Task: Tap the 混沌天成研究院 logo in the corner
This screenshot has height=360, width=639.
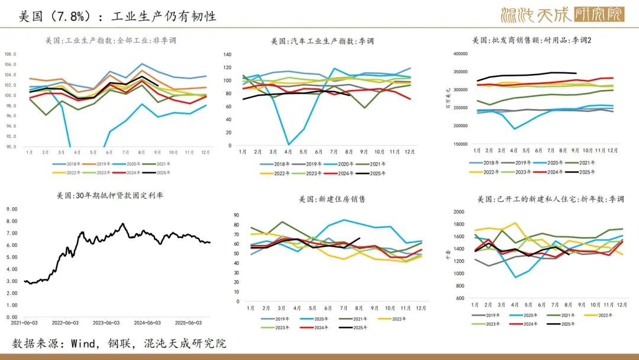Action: point(562,15)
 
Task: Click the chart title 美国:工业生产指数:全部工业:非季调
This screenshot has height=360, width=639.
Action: point(111,41)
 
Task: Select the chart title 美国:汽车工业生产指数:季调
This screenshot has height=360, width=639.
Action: point(322,41)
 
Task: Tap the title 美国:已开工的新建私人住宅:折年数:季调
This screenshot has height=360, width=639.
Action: point(550,199)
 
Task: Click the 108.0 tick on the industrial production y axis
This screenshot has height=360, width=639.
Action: point(11,54)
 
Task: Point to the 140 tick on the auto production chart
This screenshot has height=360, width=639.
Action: point(227,54)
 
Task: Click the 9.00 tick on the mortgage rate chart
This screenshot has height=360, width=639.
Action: point(12,209)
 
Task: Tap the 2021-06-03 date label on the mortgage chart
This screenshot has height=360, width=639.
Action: point(24,323)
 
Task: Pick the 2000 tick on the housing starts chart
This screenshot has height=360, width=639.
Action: point(459,211)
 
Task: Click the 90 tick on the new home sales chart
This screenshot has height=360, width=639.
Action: point(236,216)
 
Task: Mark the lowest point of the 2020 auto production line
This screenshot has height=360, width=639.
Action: point(288,144)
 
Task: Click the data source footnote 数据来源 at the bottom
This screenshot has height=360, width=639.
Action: point(119,343)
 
